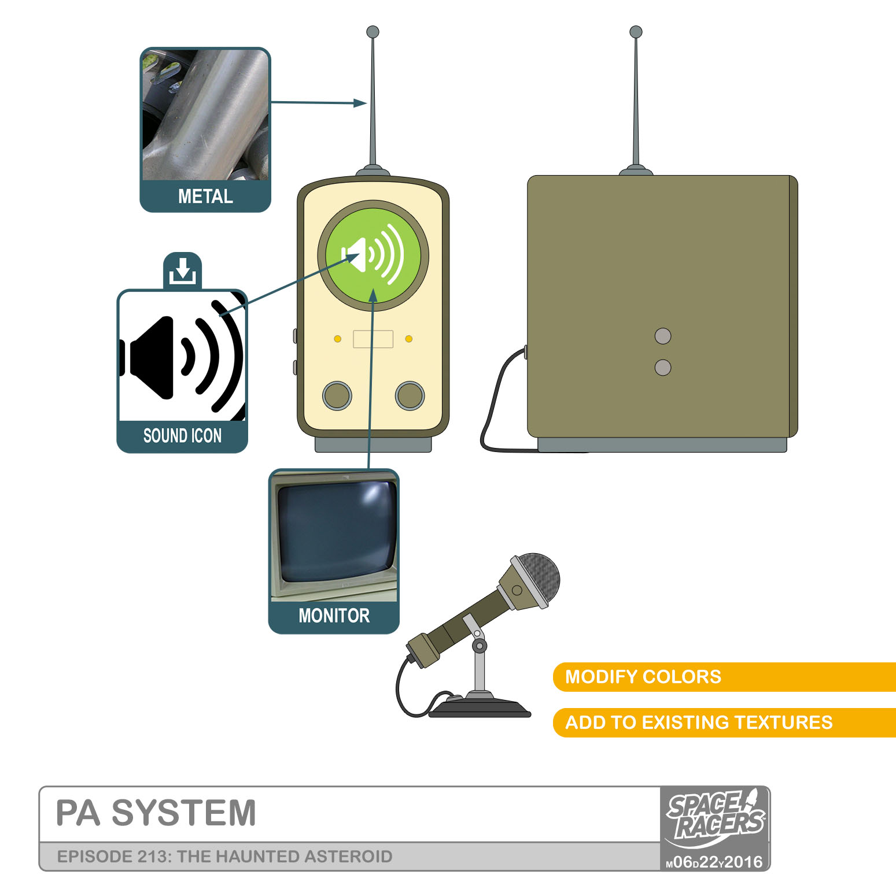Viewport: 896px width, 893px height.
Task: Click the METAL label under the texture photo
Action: click(205, 197)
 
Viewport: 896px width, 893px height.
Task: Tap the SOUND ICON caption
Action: click(182, 436)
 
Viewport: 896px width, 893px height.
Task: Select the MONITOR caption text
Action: click(334, 616)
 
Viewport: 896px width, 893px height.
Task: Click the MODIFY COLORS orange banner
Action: click(643, 677)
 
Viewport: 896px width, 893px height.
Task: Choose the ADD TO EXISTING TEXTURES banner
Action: click(698, 722)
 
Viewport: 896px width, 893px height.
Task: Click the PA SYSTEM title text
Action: click(156, 813)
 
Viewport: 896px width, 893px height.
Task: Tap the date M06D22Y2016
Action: click(714, 862)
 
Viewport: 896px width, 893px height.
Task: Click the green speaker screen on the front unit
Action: click(373, 255)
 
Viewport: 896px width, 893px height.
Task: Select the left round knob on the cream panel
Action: click(337, 395)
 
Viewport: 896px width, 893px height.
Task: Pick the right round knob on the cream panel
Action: click(410, 395)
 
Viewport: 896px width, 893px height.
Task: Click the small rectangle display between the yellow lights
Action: click(373, 339)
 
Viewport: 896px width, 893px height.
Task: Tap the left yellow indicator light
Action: click(338, 339)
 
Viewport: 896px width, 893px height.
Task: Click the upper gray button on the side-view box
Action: click(663, 336)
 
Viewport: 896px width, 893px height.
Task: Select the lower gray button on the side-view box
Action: click(663, 367)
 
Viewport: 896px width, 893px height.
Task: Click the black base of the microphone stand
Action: click(480, 709)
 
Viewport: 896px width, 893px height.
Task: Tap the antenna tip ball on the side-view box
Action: click(636, 32)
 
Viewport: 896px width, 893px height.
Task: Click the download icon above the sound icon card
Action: click(183, 270)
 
